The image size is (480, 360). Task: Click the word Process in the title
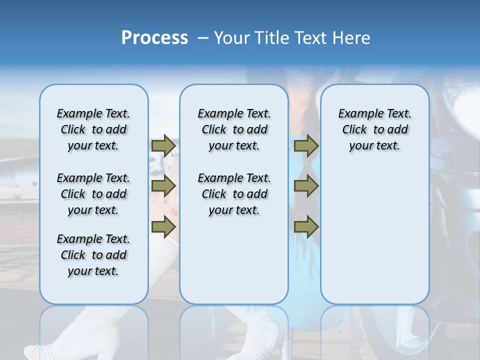tap(154, 38)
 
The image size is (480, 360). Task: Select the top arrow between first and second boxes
tap(163, 145)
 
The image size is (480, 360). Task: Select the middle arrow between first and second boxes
tap(163, 186)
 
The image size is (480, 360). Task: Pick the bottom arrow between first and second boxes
tap(163, 226)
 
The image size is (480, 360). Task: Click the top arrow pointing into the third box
tap(306, 145)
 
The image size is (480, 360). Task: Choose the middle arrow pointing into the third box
tap(306, 186)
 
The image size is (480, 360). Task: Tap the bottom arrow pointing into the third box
tap(306, 226)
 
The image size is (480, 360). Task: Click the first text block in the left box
tap(93, 129)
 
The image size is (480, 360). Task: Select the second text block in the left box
tap(93, 194)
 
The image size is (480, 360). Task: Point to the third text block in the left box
tap(93, 255)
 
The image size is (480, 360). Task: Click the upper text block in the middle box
tap(234, 129)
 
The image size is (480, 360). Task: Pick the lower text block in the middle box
tap(234, 194)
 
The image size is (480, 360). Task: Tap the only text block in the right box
tap(374, 129)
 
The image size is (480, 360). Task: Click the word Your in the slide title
tap(233, 38)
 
